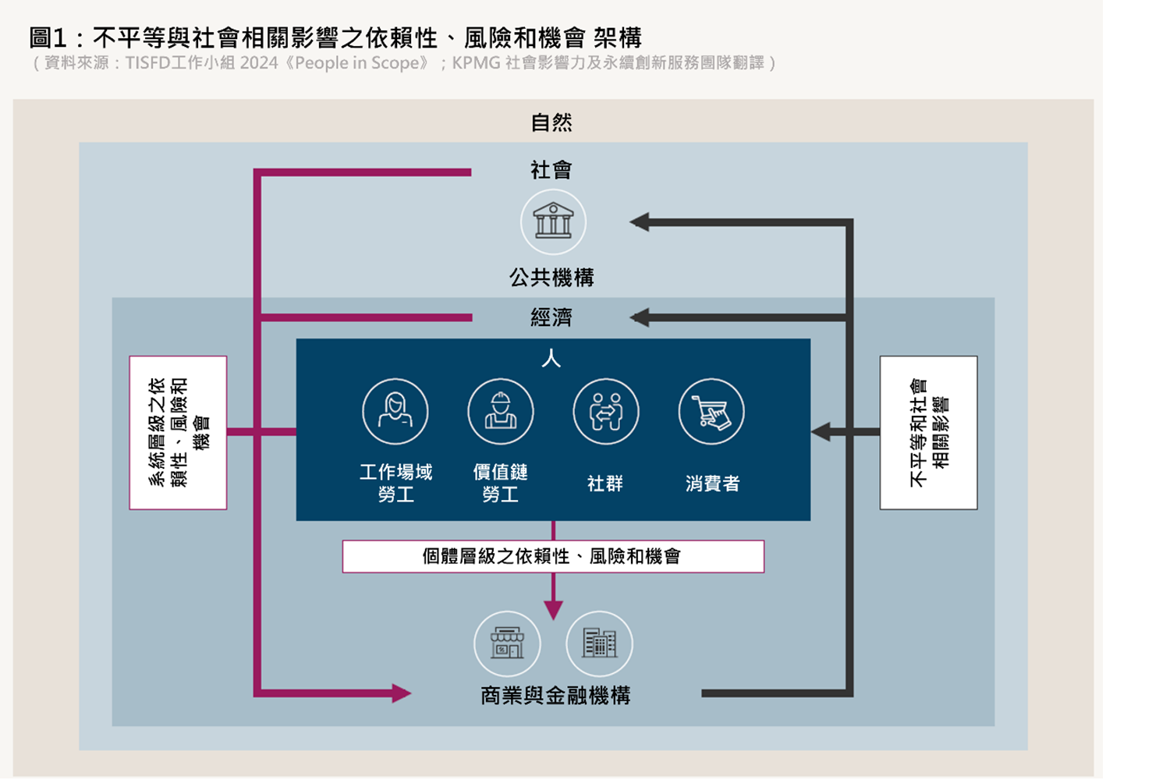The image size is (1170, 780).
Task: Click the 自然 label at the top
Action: (x=551, y=122)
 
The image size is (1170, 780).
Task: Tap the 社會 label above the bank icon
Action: (x=551, y=170)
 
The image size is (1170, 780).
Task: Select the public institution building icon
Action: (x=553, y=222)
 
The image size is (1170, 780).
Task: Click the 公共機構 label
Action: (x=551, y=278)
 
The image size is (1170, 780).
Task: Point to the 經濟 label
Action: (x=551, y=317)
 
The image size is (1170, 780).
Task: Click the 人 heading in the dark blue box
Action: (x=551, y=359)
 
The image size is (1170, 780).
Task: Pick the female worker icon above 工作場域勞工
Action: (x=395, y=411)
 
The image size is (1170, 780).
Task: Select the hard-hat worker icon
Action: (x=501, y=411)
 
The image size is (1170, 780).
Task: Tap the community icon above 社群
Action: (x=606, y=411)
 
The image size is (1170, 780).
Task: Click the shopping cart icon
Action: (x=711, y=411)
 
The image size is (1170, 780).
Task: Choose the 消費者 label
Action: (x=712, y=484)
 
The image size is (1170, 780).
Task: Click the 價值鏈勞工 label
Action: (x=501, y=483)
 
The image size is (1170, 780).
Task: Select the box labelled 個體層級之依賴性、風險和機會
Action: (x=553, y=556)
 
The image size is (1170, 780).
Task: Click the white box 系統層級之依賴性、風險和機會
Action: (x=179, y=433)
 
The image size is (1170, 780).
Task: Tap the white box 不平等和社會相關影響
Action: (x=928, y=433)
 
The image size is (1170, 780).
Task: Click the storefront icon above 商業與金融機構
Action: (x=507, y=643)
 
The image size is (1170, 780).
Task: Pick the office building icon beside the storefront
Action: (x=599, y=643)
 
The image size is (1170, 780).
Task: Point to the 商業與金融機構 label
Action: (x=555, y=695)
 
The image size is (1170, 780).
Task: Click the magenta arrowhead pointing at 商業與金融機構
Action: (x=401, y=693)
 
